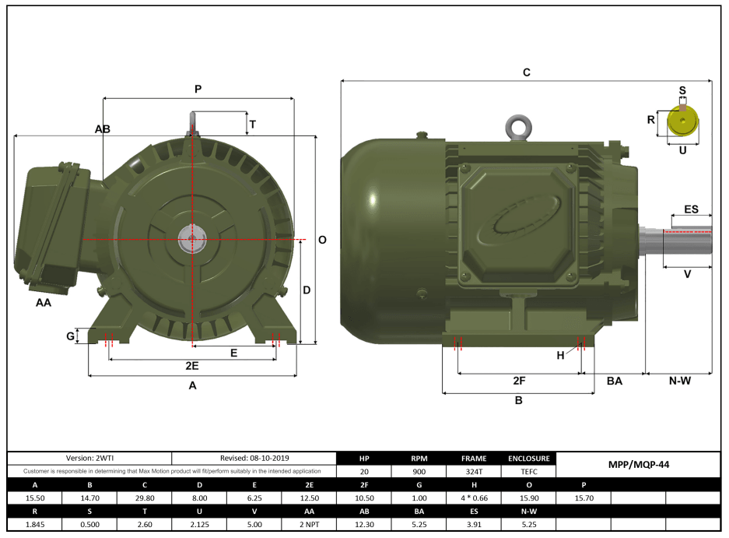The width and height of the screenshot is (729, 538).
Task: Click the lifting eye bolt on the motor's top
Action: click(517, 127)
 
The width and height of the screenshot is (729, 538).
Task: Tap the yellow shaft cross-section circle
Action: click(682, 121)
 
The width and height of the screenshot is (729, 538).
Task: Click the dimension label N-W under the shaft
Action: click(679, 381)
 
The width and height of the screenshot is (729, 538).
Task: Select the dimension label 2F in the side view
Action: click(519, 381)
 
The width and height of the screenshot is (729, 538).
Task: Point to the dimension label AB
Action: click(103, 128)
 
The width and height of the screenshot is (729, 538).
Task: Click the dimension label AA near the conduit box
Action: click(44, 302)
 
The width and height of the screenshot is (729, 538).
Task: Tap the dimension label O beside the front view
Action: click(322, 240)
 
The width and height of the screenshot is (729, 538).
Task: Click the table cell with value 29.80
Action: click(144, 498)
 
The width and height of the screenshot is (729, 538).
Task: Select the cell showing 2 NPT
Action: click(309, 524)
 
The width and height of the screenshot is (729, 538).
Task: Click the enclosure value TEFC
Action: click(529, 472)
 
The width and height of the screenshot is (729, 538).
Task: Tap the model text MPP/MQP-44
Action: click(638, 465)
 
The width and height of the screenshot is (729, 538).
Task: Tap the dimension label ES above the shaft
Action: click(691, 209)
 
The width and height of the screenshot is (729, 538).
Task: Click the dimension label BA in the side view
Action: click(615, 381)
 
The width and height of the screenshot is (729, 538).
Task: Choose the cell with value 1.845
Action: click(35, 524)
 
